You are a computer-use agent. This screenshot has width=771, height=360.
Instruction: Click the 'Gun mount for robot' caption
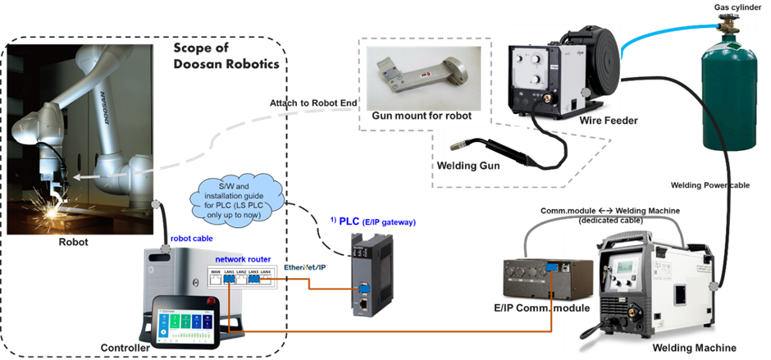click(422, 116)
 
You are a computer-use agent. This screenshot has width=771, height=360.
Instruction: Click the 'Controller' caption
click(121, 349)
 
